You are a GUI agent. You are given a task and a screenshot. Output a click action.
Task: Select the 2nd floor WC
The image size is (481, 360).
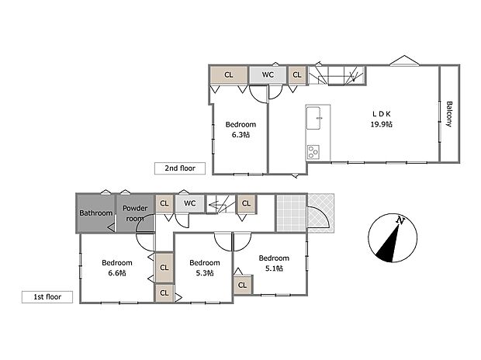click(x=268, y=74)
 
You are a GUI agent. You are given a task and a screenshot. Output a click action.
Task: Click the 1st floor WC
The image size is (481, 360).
click(x=189, y=203)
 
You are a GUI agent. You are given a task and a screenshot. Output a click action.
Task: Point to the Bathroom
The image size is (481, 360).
click(x=95, y=212)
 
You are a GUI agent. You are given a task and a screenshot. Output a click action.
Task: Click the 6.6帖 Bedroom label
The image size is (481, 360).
click(x=116, y=267)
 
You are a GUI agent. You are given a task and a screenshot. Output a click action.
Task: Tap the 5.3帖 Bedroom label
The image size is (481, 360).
click(x=205, y=267)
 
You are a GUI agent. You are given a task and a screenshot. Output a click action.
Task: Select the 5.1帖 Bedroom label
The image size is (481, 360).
click(x=274, y=263)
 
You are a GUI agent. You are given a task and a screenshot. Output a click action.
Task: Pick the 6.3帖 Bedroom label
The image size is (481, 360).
click(x=240, y=129)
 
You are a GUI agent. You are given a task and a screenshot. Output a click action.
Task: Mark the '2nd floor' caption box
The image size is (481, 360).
click(x=180, y=168)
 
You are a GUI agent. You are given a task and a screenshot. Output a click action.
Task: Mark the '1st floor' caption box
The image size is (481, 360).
click(x=47, y=296)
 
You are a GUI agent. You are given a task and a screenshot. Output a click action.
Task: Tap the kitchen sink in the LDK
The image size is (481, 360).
click(x=315, y=119)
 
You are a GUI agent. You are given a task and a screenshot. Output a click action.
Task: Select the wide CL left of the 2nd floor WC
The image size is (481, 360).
click(x=229, y=74)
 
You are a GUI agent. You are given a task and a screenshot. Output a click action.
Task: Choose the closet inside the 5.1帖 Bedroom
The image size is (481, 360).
click(x=242, y=285)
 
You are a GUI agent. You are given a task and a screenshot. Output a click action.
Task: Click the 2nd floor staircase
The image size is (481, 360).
click(x=337, y=75)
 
